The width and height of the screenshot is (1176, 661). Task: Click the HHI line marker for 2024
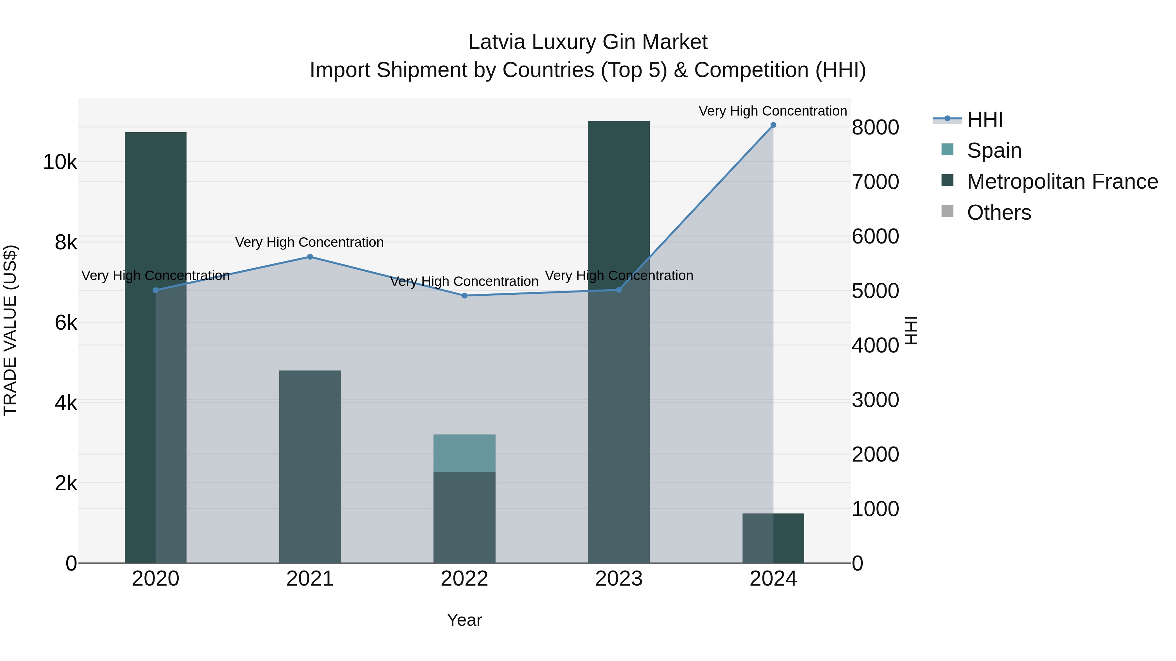pyautogui.click(x=773, y=125)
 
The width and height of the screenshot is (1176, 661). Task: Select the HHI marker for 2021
pyautogui.click(x=310, y=257)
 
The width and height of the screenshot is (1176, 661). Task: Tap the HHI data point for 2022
pyautogui.click(x=464, y=296)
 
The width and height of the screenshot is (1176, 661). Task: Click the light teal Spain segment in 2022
pyautogui.click(x=464, y=453)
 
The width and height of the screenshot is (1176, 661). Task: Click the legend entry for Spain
pyautogui.click(x=993, y=150)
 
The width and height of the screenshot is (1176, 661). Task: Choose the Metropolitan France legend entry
pyautogui.click(x=1062, y=181)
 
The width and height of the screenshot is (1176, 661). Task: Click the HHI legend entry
pyautogui.click(x=984, y=119)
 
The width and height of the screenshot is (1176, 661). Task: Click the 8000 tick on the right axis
pyautogui.click(x=875, y=127)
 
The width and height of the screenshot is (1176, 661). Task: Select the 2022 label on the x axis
pyautogui.click(x=464, y=579)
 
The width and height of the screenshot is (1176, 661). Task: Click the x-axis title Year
pyautogui.click(x=464, y=620)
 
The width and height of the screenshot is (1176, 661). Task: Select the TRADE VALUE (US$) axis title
pyautogui.click(x=10, y=330)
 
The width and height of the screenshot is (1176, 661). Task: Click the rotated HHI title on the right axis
pyautogui.click(x=911, y=330)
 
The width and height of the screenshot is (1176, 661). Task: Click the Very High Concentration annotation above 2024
pyautogui.click(x=773, y=111)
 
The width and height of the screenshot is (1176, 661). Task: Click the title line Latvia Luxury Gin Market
pyautogui.click(x=588, y=42)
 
